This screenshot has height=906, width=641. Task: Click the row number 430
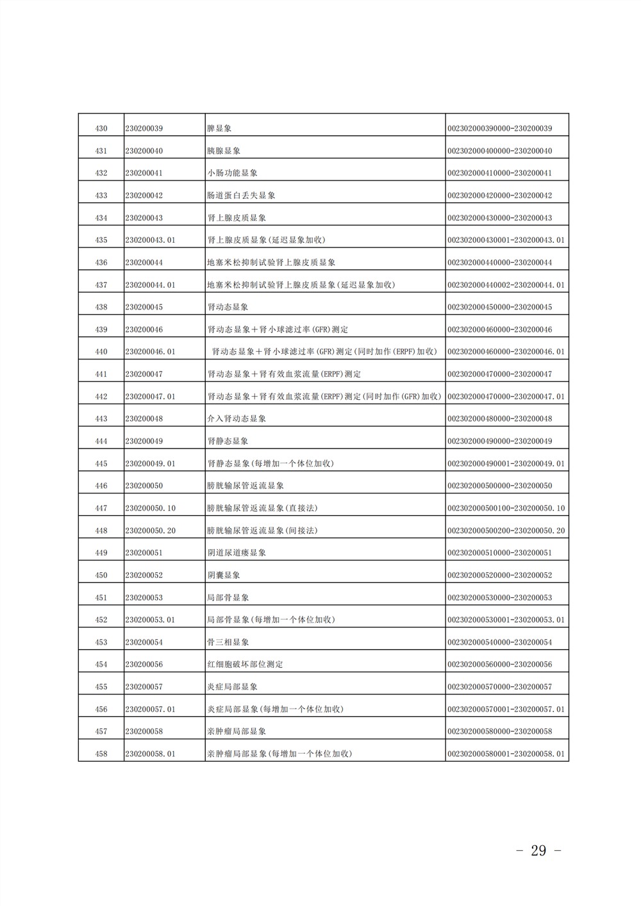pos(101,129)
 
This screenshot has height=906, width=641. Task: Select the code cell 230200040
pos(144,151)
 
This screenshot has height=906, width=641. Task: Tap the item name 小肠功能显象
pos(232,173)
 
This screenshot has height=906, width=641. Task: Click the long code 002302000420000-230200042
pos(499,195)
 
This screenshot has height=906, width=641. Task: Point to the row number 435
pos(101,240)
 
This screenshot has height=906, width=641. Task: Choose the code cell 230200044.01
pos(151,285)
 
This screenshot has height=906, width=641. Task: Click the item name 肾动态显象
pos(228,307)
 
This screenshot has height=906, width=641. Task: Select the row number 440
pos(101,352)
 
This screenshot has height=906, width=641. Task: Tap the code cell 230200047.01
pos(151,397)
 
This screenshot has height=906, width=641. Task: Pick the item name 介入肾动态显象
pos(237,418)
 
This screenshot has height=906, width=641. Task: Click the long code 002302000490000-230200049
pos(499,441)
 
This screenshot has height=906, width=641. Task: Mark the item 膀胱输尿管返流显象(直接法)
pos(262,508)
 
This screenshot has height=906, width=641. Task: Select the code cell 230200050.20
pos(151,531)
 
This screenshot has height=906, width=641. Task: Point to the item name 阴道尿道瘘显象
pos(237,553)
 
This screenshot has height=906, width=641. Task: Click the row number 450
pos(101,575)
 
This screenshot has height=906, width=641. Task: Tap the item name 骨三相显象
pos(228,642)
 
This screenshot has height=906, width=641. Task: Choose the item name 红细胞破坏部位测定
pos(245,664)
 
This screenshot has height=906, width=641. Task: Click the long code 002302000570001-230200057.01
pos(506,709)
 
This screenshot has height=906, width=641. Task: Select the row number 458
pos(101,754)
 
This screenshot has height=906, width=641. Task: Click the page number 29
pos(538,851)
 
